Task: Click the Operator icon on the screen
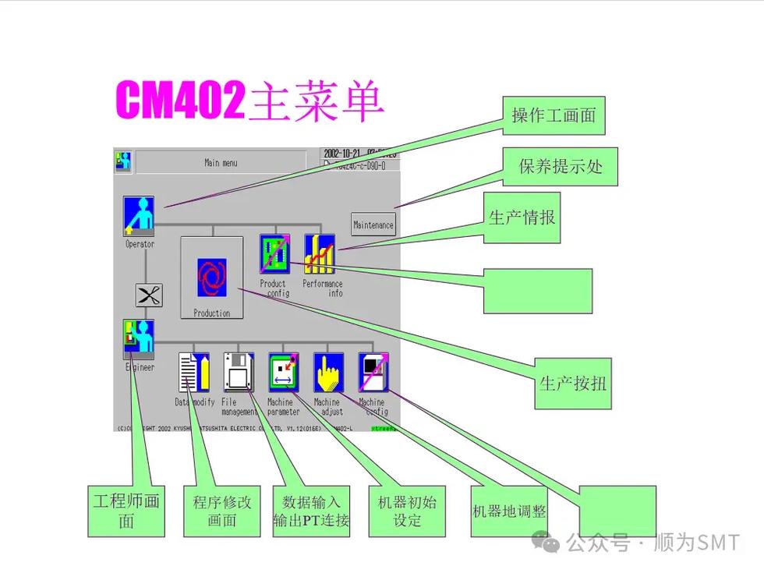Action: pyautogui.click(x=139, y=215)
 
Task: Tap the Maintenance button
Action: pyautogui.click(x=373, y=225)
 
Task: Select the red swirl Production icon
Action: pyautogui.click(x=211, y=278)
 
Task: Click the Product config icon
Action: pyautogui.click(x=274, y=253)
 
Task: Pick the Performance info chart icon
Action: pyautogui.click(x=320, y=253)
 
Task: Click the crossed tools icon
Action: pyautogui.click(x=149, y=295)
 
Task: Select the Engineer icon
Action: pyautogui.click(x=139, y=339)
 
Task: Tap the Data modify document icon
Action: pyautogui.click(x=193, y=373)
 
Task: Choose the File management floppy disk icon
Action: pyautogui.click(x=239, y=373)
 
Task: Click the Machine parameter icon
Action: pyautogui.click(x=284, y=373)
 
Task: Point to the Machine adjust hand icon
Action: pyautogui.click(x=328, y=373)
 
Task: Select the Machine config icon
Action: pyautogui.click(x=373, y=373)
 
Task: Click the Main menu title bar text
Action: pyautogui.click(x=221, y=163)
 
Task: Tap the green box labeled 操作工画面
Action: pyautogui.click(x=554, y=115)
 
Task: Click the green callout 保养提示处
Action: pyautogui.click(x=561, y=166)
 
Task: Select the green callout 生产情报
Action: pyautogui.click(x=522, y=218)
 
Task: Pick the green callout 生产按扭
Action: pyautogui.click(x=573, y=383)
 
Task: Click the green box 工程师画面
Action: pyautogui.click(x=126, y=511)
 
